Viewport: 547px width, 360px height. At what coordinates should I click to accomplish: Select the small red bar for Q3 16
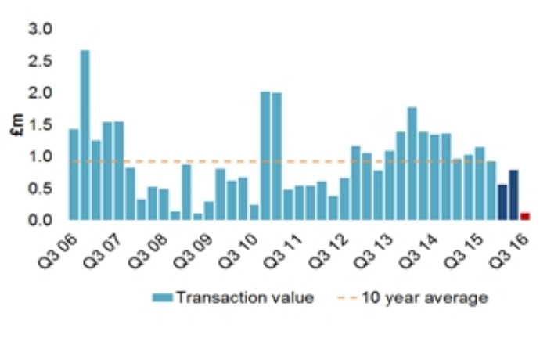pyautogui.click(x=525, y=216)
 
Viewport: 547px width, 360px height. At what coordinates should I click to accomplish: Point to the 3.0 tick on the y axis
pyautogui.click(x=40, y=29)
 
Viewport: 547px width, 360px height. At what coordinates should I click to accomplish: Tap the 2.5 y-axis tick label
pyautogui.click(x=40, y=61)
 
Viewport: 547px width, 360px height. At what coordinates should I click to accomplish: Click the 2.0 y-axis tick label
pyautogui.click(x=40, y=93)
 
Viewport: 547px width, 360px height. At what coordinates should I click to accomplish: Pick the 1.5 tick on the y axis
pyautogui.click(x=40, y=125)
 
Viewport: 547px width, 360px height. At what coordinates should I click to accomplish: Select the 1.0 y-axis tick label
pyautogui.click(x=40, y=157)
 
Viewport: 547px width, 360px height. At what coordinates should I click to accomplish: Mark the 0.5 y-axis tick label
pyautogui.click(x=40, y=189)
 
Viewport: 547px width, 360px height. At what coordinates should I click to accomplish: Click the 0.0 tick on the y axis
pyautogui.click(x=40, y=221)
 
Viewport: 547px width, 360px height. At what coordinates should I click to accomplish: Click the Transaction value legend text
pyautogui.click(x=245, y=297)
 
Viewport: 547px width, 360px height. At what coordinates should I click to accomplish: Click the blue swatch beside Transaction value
pyautogui.click(x=162, y=297)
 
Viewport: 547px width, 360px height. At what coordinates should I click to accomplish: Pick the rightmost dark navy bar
pyautogui.click(x=513, y=195)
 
